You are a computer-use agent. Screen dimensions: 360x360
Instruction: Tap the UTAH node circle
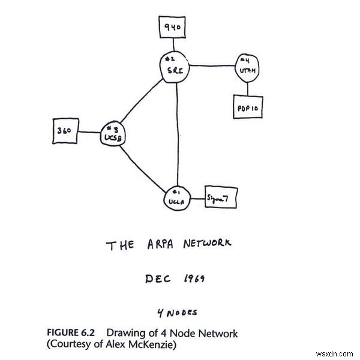click(247, 68)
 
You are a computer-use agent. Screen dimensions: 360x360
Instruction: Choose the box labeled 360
click(65, 130)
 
